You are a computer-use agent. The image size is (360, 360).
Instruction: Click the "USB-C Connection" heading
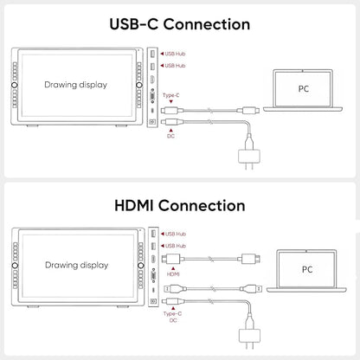[180, 24]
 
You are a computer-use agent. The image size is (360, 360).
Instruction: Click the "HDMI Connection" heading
[180, 206]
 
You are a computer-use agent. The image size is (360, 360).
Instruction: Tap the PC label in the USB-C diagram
[304, 88]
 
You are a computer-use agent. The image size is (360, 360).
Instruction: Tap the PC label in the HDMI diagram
[307, 269]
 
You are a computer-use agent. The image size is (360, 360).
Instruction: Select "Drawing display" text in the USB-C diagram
[76, 85]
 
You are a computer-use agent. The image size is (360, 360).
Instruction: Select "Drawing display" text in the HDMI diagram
[77, 265]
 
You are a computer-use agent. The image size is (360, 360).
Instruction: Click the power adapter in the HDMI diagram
[250, 336]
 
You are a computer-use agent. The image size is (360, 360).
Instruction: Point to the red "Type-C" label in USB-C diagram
[171, 95]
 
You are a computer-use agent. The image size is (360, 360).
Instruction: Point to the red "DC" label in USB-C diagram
[170, 136]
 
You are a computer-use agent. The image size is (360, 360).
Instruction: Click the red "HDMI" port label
[173, 273]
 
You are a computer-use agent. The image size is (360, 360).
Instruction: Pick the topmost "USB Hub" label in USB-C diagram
[175, 54]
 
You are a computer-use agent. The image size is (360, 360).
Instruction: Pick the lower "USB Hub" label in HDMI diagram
[176, 246]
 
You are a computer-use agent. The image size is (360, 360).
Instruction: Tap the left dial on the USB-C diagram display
[15, 85]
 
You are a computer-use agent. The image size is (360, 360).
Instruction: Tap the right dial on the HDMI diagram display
[141, 266]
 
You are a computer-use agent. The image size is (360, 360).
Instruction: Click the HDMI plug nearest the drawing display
[171, 259]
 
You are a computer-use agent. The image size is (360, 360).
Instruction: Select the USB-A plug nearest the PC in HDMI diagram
[252, 288]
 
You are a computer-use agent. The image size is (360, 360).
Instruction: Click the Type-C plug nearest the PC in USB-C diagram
[248, 110]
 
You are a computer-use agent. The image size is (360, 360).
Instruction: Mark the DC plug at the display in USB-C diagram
[172, 122]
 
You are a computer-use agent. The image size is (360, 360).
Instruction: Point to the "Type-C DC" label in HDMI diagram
[172, 317]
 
